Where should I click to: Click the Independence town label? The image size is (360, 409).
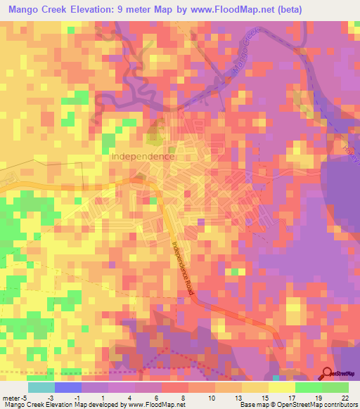coord(143,157)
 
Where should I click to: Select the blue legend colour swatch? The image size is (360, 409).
coord(68,388)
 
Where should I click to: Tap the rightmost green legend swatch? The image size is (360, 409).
coord(335,388)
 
